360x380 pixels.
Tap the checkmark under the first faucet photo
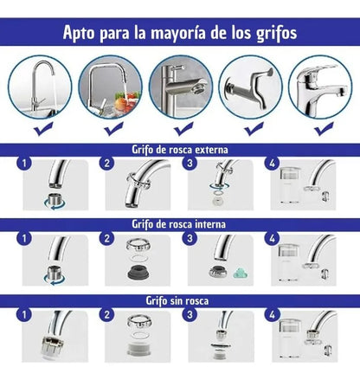coord(43,129)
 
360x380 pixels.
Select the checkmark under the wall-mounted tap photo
coord(254,129)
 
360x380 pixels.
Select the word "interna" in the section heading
coord(210,224)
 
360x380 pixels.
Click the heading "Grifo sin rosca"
coord(177,300)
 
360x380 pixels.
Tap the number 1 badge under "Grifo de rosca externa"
coord(24,164)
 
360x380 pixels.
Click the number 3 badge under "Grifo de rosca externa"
coord(190,164)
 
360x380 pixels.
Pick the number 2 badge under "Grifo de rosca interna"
coord(107,238)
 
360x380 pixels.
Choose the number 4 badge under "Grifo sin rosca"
coord(272,314)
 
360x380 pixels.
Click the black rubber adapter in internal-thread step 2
coord(138,273)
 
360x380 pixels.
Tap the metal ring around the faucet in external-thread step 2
coord(138,179)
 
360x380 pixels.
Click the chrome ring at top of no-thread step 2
coord(139,321)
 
